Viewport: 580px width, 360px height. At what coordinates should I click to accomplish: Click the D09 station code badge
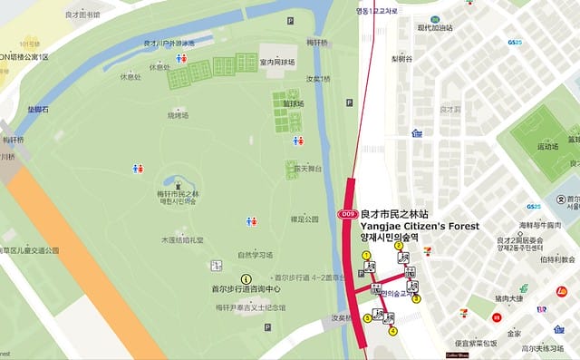click(x=347, y=214)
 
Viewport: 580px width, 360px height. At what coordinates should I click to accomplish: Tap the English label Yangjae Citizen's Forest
click(x=420, y=226)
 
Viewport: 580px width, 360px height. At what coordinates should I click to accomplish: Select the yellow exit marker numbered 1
click(x=367, y=256)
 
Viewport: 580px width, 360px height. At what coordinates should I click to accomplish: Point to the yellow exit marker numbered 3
click(x=416, y=298)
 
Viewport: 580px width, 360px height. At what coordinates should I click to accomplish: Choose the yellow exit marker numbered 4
click(x=393, y=331)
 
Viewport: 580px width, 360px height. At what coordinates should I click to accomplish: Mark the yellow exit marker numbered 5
click(x=367, y=317)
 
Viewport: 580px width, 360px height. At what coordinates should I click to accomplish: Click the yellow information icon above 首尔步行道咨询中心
click(x=245, y=278)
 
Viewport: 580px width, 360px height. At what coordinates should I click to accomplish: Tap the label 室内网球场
click(x=277, y=62)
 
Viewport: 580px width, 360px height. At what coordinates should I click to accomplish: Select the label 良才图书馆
click(x=83, y=15)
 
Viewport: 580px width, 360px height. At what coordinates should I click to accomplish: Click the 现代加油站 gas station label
click(x=434, y=28)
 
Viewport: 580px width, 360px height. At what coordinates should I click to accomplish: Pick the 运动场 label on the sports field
click(x=547, y=145)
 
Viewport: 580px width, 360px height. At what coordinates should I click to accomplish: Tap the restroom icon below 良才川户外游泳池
click(x=181, y=57)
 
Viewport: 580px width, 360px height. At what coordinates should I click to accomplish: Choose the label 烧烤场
click(x=178, y=115)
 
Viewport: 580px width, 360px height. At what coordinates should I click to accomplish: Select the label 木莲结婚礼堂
click(x=182, y=240)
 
